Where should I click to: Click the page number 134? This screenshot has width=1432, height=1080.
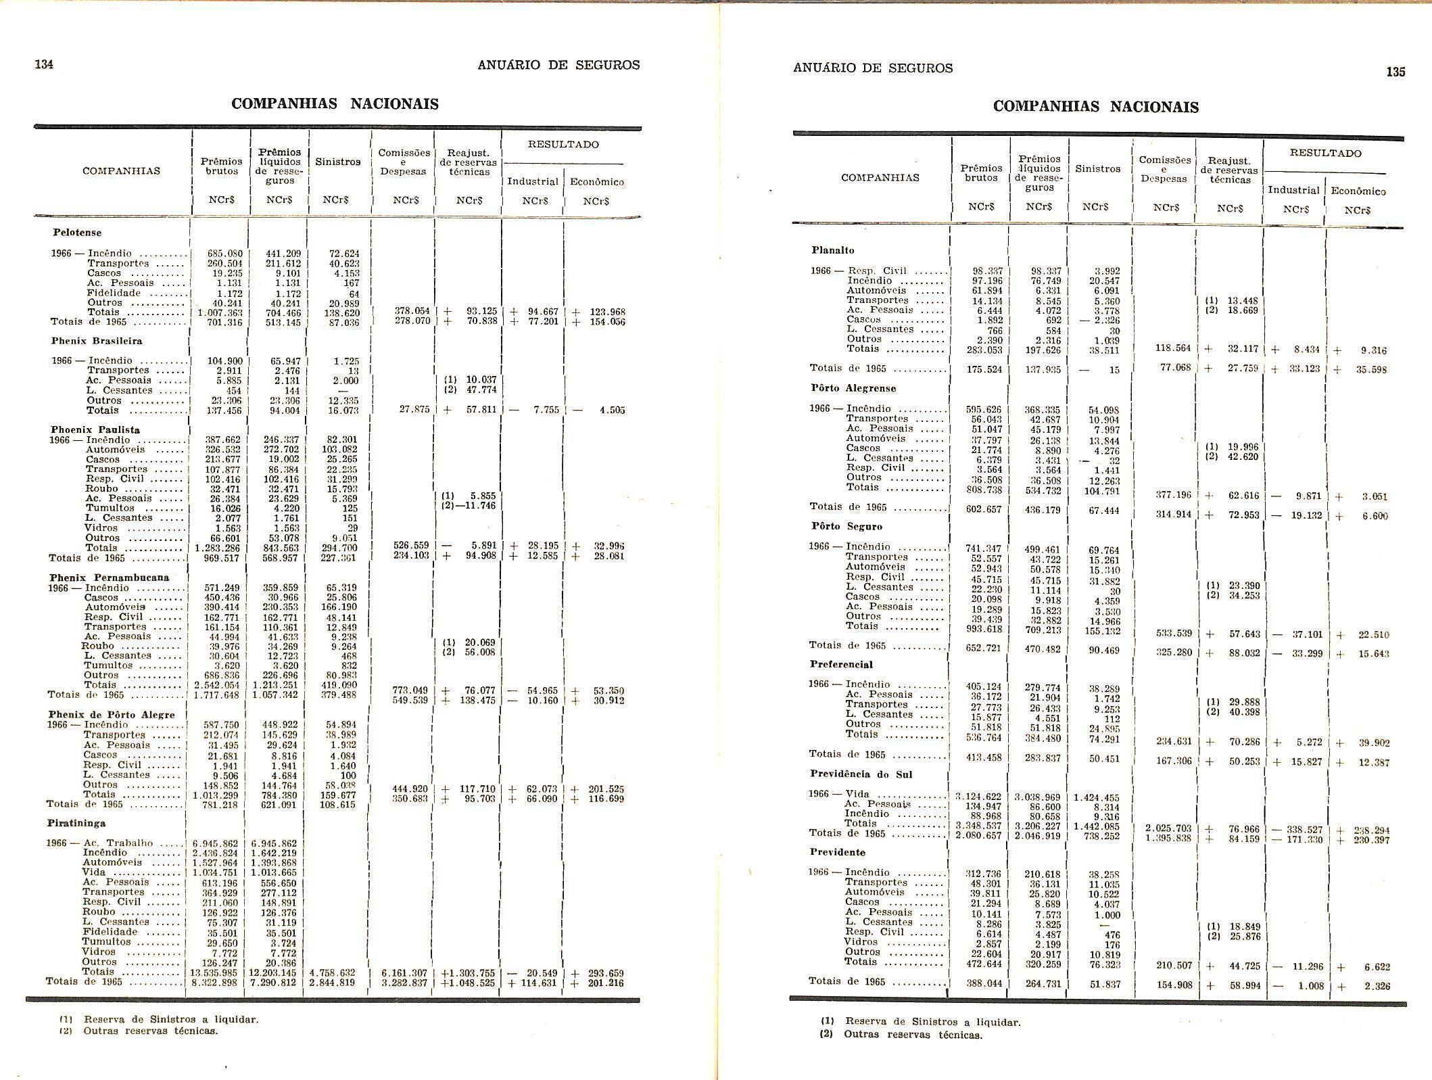[x=44, y=64]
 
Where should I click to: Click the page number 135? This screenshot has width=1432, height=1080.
[x=1395, y=72]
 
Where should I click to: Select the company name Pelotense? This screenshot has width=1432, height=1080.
[x=77, y=233]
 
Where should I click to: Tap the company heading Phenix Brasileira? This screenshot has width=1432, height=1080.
[x=97, y=341]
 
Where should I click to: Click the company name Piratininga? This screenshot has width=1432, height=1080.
[x=76, y=823]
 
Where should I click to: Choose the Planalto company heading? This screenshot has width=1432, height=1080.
[x=833, y=250]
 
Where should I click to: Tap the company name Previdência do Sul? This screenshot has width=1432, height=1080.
[x=861, y=774]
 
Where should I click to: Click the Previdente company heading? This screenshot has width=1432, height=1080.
[x=838, y=852]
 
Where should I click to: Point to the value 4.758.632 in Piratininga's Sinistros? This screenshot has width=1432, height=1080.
[x=332, y=972]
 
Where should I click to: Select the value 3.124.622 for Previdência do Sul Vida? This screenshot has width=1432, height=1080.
[x=979, y=797]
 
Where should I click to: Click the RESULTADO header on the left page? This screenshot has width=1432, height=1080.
[x=563, y=145]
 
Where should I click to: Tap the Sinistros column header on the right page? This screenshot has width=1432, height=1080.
[x=1097, y=169]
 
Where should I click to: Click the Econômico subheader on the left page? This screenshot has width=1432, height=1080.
[x=597, y=182]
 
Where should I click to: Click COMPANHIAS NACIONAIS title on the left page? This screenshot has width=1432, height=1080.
[x=335, y=104]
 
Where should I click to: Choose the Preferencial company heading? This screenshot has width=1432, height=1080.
[x=841, y=665]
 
